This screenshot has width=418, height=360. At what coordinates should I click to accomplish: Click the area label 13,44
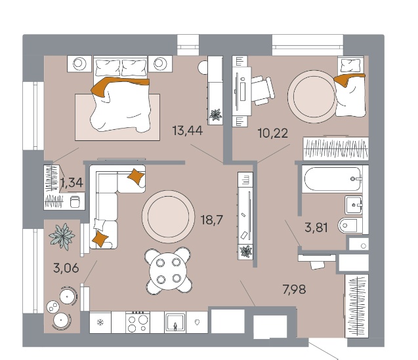coord(188,130)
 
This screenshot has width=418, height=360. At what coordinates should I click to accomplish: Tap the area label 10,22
coord(273,133)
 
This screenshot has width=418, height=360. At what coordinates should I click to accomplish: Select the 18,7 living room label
coord(212,220)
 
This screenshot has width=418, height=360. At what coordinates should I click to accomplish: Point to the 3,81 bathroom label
coord(316,228)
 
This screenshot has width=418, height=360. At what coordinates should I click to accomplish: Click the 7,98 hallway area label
coord(294,289)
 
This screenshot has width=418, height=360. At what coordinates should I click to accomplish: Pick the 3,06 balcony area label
coord(66,268)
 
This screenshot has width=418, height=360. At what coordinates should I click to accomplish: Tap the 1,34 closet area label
coord(72,183)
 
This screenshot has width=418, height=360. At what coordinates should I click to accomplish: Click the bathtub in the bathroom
coord(333,179)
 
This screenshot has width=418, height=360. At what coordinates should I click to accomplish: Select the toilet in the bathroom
coord(350,226)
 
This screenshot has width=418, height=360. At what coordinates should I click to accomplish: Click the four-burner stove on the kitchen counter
coord(138,322)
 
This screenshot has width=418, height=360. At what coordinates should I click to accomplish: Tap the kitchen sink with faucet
coord(175,323)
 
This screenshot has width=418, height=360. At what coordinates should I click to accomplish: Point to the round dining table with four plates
coord(168,271)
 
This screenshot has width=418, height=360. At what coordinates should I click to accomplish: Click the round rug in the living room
coord(168,216)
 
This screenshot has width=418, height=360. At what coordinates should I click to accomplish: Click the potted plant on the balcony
coord(62,236)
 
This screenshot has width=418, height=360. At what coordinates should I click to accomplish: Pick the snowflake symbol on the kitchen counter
coord(100,323)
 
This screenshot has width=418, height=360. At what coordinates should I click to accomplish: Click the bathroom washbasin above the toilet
coord(354,205)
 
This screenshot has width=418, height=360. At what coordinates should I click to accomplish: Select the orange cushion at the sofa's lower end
coord(100,239)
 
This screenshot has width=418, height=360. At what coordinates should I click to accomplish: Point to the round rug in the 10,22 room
coord(314,96)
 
